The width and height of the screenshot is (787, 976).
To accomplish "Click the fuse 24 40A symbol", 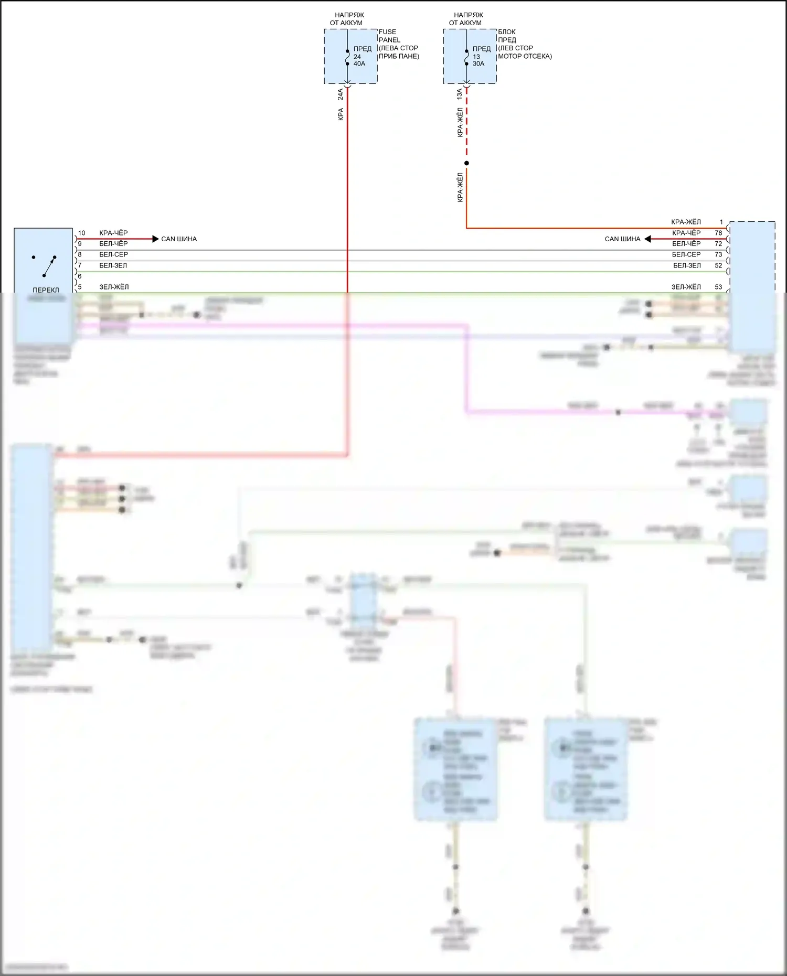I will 347,57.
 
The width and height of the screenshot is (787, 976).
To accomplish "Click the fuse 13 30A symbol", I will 466,57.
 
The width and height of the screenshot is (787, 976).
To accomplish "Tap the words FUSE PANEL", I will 389,36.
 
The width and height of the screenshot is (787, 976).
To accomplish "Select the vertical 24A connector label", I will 341,94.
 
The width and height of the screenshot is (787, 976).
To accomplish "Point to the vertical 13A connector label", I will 460,94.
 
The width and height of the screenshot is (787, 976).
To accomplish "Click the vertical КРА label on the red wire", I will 341,114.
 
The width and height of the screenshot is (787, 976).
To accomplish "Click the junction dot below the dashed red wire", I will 466,163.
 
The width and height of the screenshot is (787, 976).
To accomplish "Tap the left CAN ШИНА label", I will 179,239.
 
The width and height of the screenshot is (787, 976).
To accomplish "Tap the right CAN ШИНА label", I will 622,239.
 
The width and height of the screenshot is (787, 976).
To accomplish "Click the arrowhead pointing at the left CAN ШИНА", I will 155,239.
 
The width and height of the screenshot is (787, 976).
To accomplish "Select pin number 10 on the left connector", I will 82,233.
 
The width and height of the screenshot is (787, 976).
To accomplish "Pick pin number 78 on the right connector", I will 718,233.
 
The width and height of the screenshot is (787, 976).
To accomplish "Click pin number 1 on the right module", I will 721,222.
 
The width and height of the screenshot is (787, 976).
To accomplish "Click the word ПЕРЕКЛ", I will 46,290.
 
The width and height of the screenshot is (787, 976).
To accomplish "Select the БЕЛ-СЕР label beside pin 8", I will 113,254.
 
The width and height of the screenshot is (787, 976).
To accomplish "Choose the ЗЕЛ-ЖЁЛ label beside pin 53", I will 686,287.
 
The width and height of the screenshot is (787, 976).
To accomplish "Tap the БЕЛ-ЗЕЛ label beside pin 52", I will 687,265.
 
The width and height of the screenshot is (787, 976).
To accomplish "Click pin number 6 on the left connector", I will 80,276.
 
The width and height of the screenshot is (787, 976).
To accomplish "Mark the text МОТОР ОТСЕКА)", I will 525,56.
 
